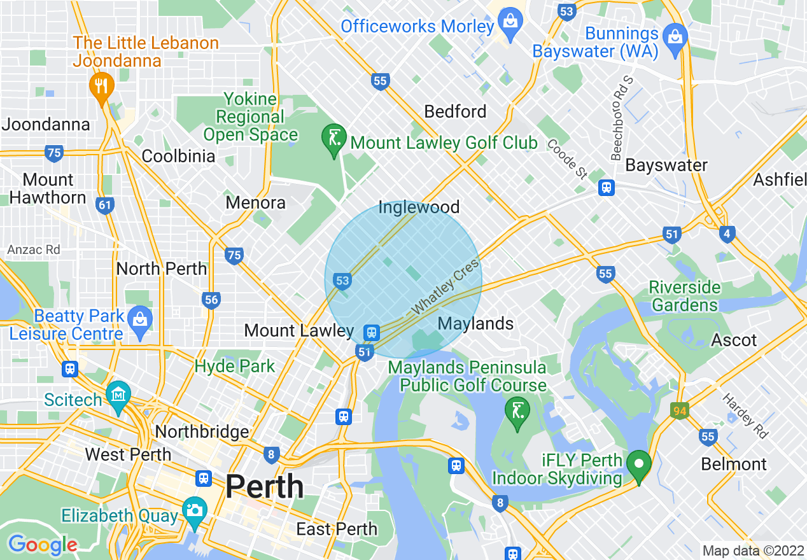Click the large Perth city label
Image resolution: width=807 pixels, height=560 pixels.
pos(264,487)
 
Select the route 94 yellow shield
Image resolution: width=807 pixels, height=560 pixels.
pos(680,411)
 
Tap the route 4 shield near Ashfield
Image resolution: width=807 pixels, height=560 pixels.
pos(727,234)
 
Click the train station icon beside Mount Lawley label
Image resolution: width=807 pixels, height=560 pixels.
pos(371,332)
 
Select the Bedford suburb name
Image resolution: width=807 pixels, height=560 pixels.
pos(455,112)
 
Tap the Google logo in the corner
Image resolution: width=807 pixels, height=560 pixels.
pos(42,545)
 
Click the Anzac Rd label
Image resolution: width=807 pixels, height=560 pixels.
pos(34,250)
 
